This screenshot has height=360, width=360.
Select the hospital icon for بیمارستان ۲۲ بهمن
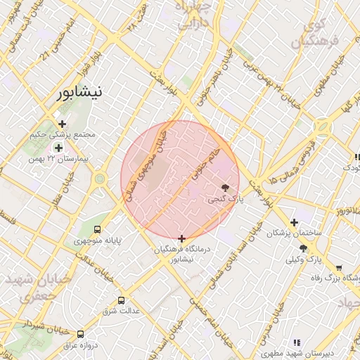[58, 148]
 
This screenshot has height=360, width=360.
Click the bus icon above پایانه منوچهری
[97, 229]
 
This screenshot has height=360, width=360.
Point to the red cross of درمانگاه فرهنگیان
[182, 238]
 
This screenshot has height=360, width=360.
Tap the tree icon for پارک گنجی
[225, 188]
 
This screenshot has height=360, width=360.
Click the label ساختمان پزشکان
[295, 232]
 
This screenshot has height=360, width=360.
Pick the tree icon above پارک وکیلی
[303, 248]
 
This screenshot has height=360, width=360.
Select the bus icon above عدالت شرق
[121, 300]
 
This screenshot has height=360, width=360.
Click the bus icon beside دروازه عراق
[80, 334]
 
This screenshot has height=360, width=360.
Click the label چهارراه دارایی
[194, 14]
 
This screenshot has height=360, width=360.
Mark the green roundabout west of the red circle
[100, 179]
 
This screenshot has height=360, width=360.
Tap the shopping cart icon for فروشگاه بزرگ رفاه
[339, 268]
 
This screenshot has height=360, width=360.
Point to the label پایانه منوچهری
[98, 240]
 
